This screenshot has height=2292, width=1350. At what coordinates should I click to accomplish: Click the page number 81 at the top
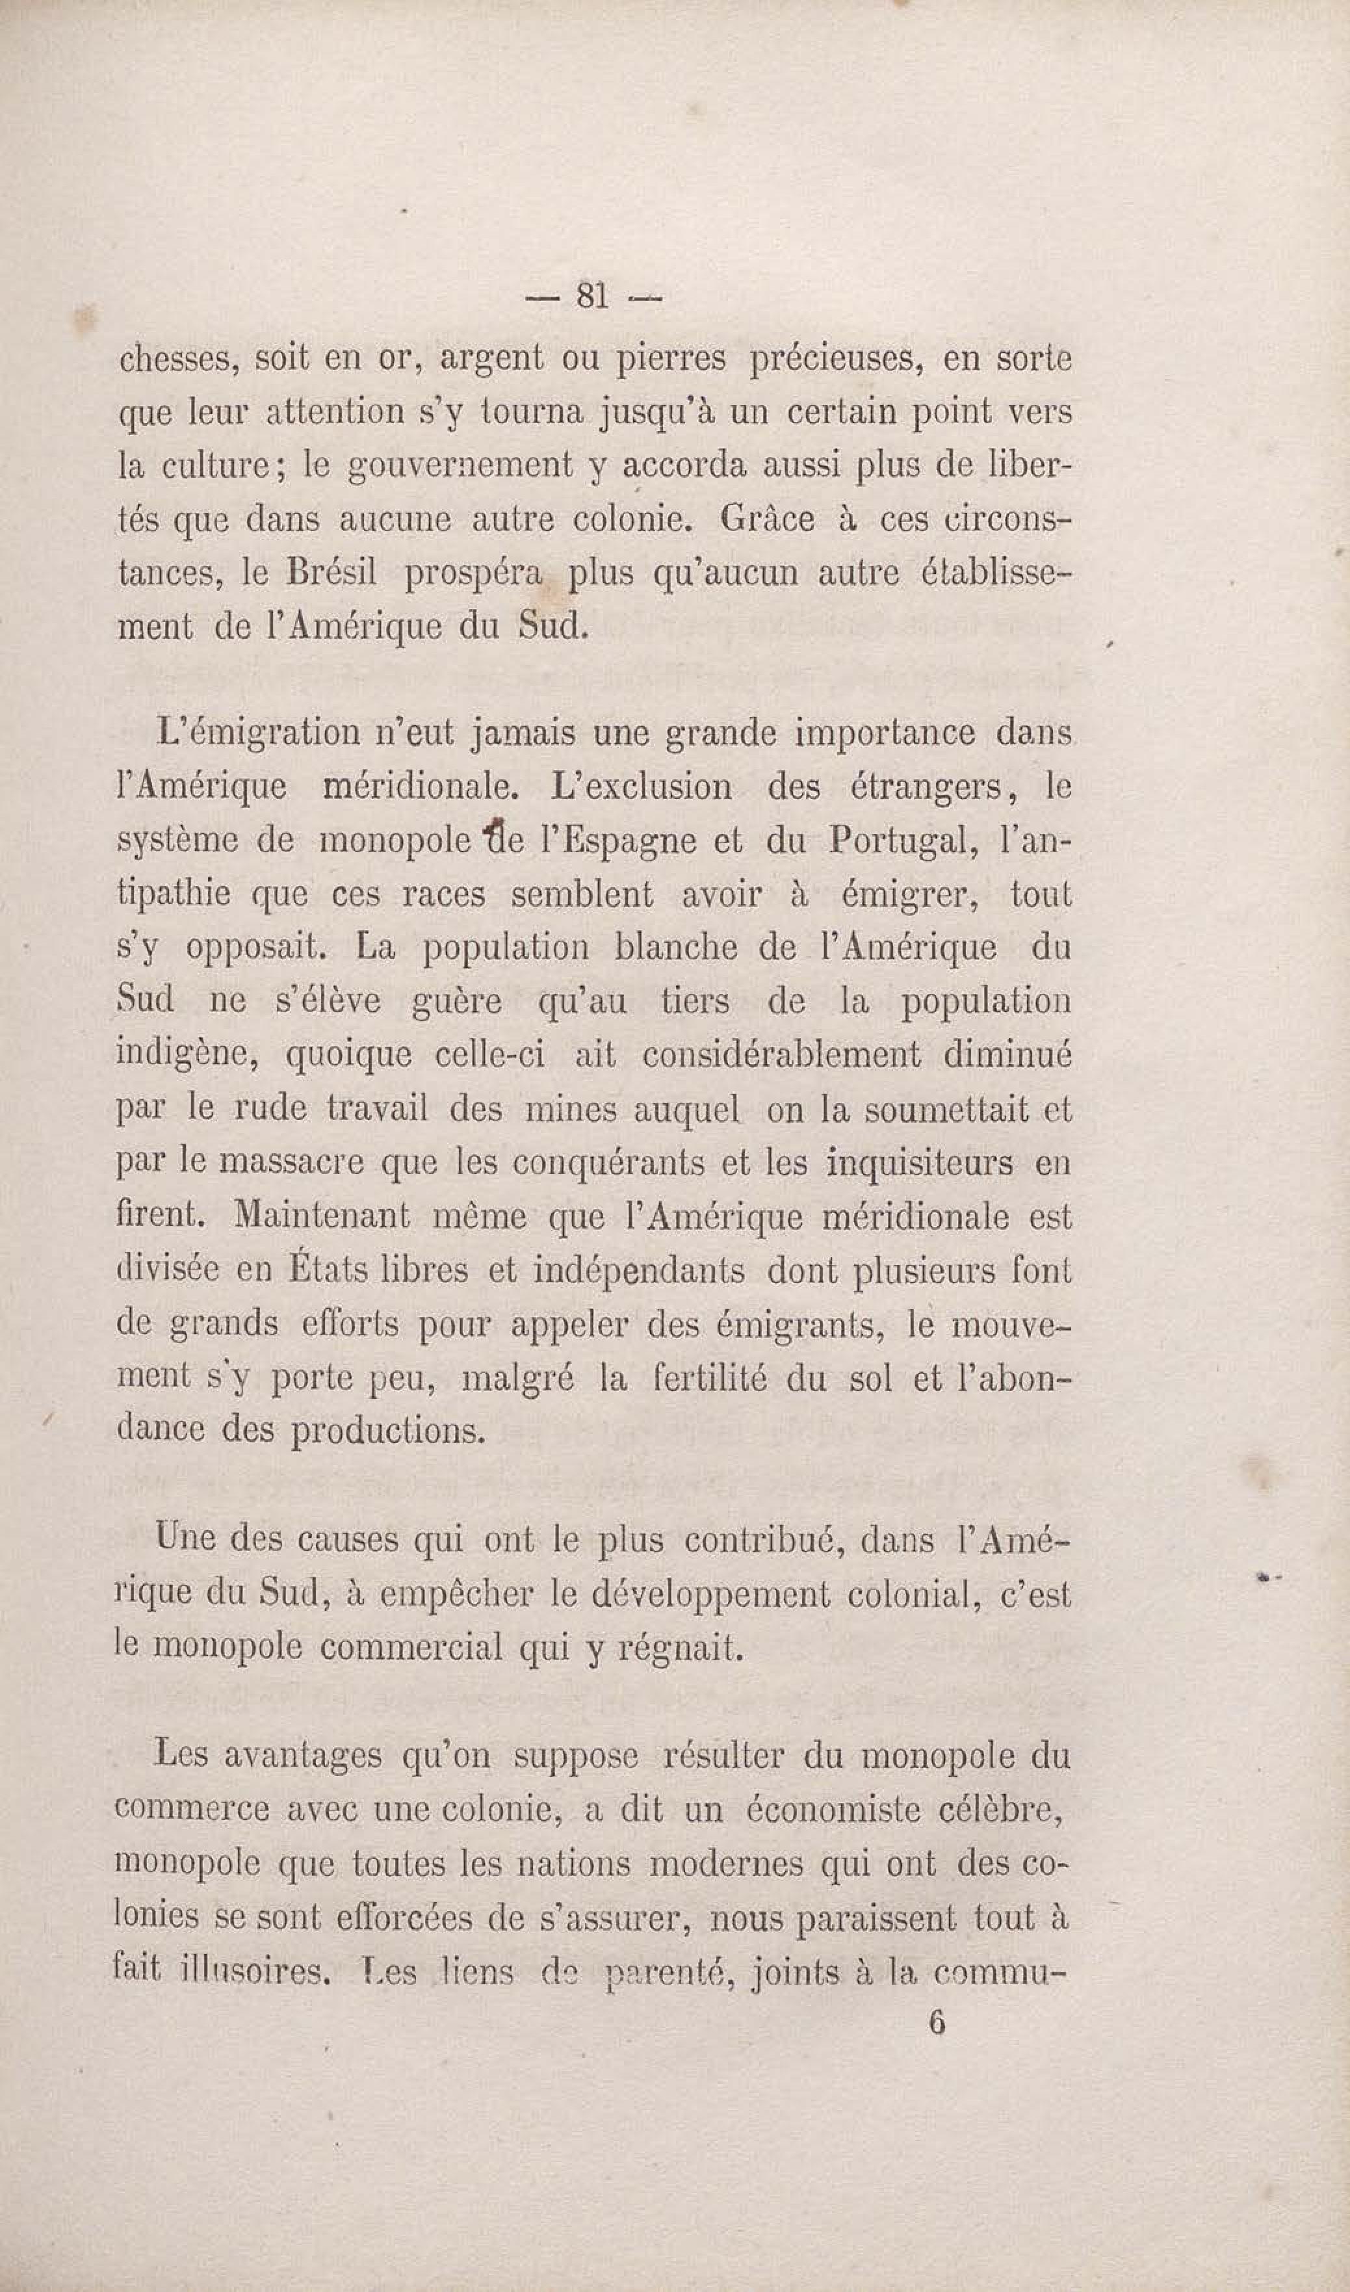(x=591, y=296)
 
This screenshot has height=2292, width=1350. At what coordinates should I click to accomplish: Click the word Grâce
(x=767, y=519)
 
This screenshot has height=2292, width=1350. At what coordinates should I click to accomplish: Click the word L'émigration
(x=258, y=733)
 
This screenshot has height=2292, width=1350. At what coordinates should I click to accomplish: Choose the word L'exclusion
(x=642, y=787)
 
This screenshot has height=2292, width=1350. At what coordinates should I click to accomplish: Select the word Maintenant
(x=321, y=1217)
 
